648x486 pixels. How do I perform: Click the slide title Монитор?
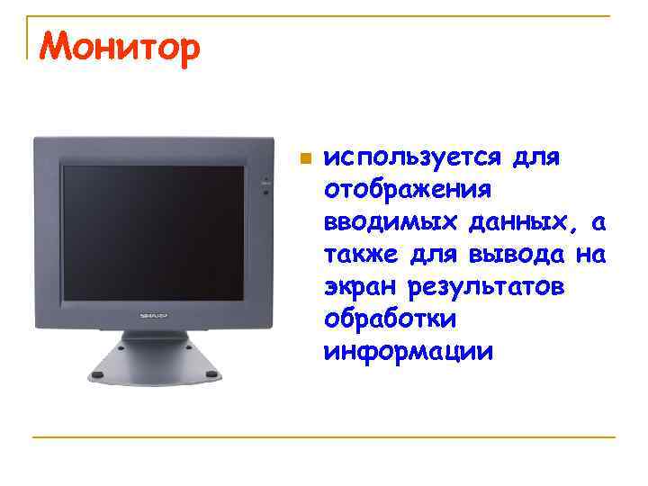(x=117, y=49)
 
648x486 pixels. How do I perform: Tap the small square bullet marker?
(x=305, y=159)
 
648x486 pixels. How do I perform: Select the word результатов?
(x=486, y=287)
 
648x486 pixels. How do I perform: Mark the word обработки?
(x=391, y=319)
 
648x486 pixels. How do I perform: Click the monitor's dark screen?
(x=152, y=234)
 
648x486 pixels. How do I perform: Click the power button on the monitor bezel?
(x=265, y=179)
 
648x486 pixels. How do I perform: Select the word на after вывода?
(x=589, y=255)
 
